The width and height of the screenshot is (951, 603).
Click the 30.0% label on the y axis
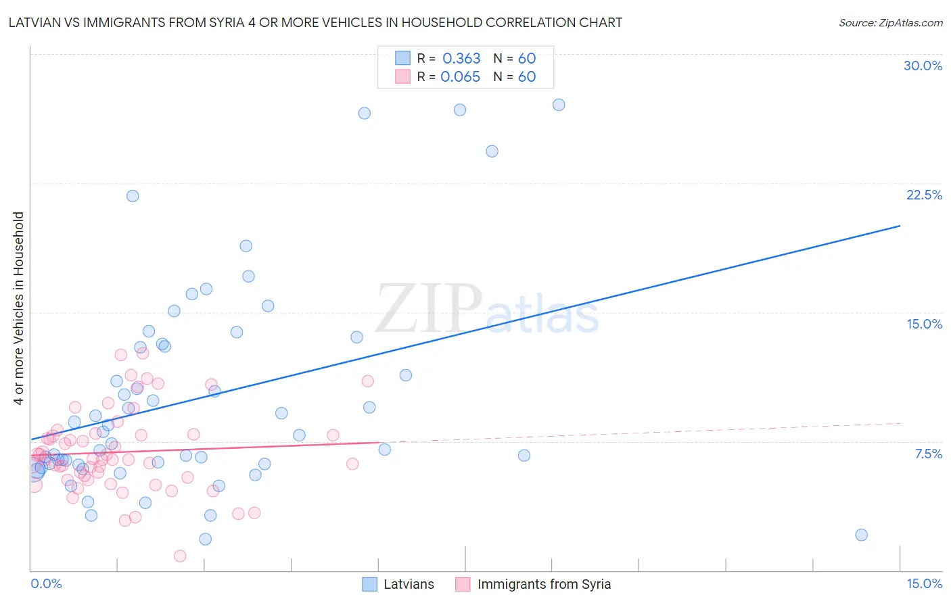click(923, 66)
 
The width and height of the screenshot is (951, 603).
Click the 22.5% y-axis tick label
click(924, 195)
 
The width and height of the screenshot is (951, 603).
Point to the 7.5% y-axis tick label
click(928, 454)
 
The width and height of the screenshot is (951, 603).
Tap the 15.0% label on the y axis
click(924, 324)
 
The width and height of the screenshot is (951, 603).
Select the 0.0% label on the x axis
click(46, 583)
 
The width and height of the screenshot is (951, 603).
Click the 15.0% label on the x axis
click(924, 583)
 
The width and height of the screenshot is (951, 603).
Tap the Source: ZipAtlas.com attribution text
click(890, 22)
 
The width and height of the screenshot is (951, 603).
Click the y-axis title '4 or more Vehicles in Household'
click(19, 308)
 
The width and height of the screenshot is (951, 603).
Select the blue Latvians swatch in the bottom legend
click(369, 584)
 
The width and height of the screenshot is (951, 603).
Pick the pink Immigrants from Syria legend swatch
click(463, 584)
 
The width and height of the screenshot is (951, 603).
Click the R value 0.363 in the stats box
click(461, 59)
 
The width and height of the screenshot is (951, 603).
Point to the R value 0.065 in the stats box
click(460, 77)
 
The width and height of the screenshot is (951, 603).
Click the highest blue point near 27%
click(559, 105)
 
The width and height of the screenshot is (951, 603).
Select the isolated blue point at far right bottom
click(861, 535)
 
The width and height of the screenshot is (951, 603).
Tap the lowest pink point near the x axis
click(180, 556)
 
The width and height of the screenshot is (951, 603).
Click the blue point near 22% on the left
click(133, 196)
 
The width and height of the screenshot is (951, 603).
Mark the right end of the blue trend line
click(900, 226)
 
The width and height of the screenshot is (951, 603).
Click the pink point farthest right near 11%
click(368, 381)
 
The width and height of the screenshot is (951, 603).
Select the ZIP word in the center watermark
click(429, 308)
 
